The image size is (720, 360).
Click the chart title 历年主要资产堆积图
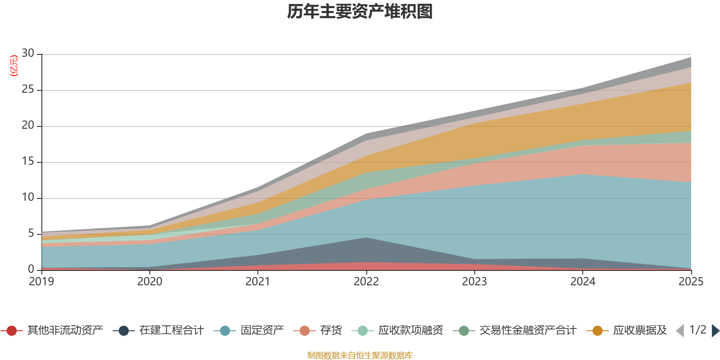pyautogui.click(x=360, y=12)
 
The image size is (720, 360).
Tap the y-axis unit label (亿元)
pyautogui.click(x=14, y=66)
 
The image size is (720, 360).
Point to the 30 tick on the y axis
pyautogui.click(x=28, y=54)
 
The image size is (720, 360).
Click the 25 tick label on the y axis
pyautogui.click(x=28, y=90)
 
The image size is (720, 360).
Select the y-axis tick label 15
pyautogui.click(x=28, y=162)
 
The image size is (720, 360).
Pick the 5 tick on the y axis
pyautogui.click(x=31, y=234)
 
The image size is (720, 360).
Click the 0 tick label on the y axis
pyautogui.click(x=31, y=269)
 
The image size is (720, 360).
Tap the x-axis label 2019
pyautogui.click(x=41, y=282)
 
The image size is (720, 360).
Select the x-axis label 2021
pyautogui.click(x=258, y=282)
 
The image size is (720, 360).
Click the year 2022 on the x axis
pyautogui.click(x=366, y=282)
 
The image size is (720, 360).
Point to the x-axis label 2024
pyautogui.click(x=583, y=282)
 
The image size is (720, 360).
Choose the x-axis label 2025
pyautogui.click(x=691, y=282)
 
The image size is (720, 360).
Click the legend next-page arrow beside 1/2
pyautogui.click(x=715, y=331)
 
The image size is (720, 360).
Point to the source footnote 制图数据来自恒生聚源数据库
pyautogui.click(x=360, y=355)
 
